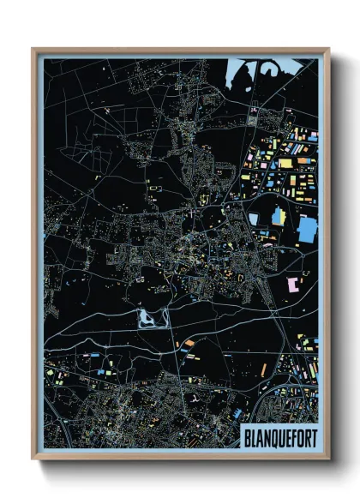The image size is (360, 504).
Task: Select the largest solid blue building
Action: click(x=307, y=230)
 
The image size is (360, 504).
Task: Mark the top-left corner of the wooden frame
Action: click(x=33, y=49)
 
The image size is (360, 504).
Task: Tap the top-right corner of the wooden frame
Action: click(x=328, y=49)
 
